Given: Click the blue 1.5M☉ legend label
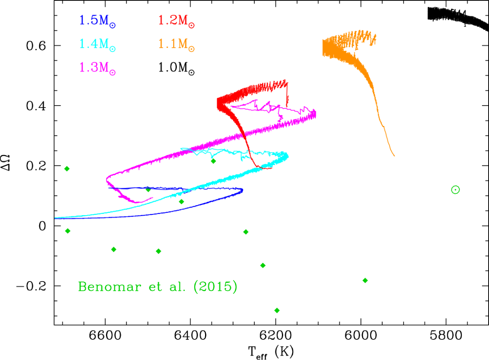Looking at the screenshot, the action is tap(97, 21).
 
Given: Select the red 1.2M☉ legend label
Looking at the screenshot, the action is tap(176, 21).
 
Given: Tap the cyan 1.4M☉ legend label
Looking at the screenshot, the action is tap(97, 45).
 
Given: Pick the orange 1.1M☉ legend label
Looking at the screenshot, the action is tap(176, 45).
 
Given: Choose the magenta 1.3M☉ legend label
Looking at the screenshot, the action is tap(97, 68).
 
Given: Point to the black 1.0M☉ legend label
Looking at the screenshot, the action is tap(176, 68).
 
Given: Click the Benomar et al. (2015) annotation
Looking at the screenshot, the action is tap(158, 286).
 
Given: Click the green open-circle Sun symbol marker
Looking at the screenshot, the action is tap(455, 189).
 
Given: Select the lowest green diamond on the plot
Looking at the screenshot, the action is tap(277, 310).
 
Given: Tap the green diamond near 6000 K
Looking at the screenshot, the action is tap(365, 280).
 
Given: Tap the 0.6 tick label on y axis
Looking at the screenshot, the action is tap(36, 46).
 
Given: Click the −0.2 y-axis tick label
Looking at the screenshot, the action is tap(31, 286).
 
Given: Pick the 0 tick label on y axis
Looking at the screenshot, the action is tap(42, 226).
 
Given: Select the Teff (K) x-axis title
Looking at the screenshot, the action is tap(271, 352).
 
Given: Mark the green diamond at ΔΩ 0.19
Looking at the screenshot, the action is tap(67, 169).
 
